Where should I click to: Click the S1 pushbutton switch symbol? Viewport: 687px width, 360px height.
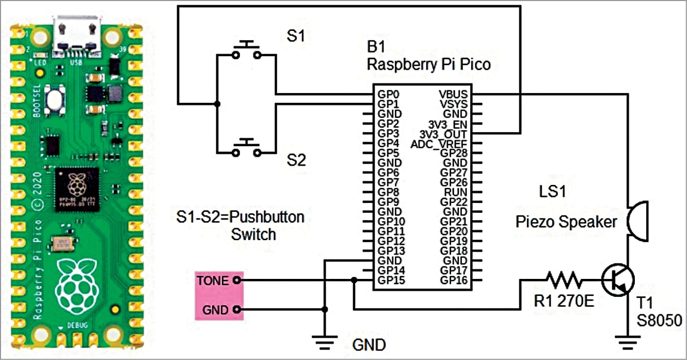click(246, 49)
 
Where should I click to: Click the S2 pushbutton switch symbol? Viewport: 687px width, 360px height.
click(246, 149)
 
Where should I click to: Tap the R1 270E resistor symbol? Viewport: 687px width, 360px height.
click(565, 280)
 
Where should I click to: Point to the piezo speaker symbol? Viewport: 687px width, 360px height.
click(638, 222)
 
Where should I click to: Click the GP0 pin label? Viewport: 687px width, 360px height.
click(388, 95)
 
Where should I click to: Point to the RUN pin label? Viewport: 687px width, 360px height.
click(457, 192)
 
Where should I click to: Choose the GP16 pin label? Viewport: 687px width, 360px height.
click(454, 280)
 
